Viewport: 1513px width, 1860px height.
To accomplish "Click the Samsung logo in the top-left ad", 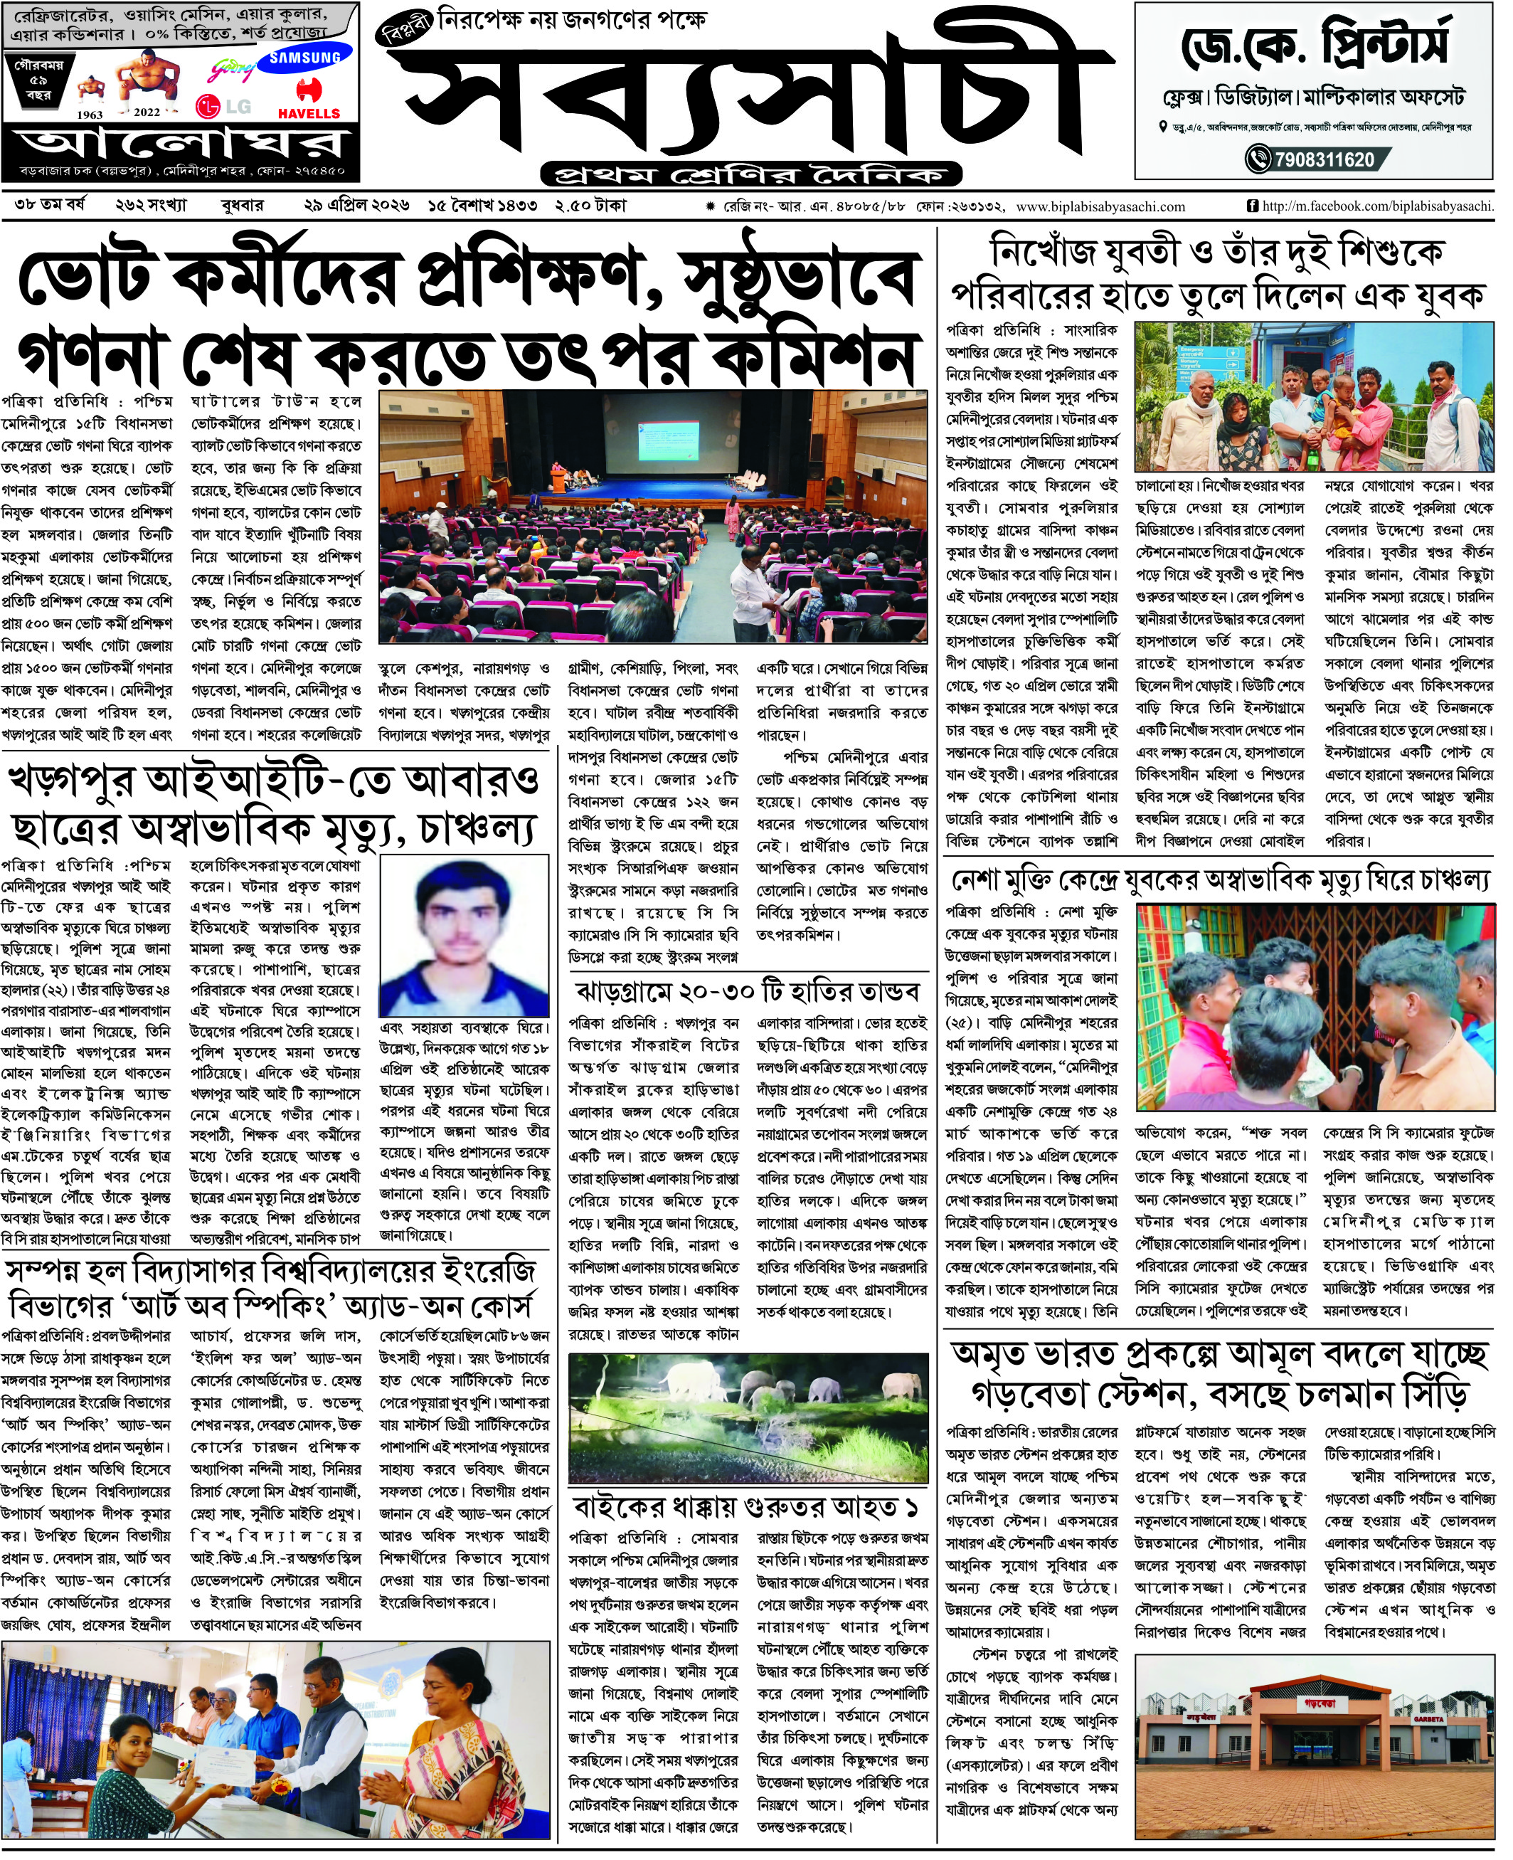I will click(x=304, y=58).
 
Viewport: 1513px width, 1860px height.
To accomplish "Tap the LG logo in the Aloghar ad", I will click(x=224, y=106).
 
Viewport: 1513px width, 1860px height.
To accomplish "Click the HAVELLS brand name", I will click(x=309, y=113).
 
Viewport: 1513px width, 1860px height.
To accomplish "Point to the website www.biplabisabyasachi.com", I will click(x=1100, y=206).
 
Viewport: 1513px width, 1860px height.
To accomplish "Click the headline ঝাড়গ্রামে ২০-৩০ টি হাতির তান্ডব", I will click(x=747, y=992).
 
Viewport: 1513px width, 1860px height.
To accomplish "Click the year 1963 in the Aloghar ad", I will click(x=90, y=114).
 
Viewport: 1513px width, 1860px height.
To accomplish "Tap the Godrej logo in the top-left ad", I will click(x=232, y=70).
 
